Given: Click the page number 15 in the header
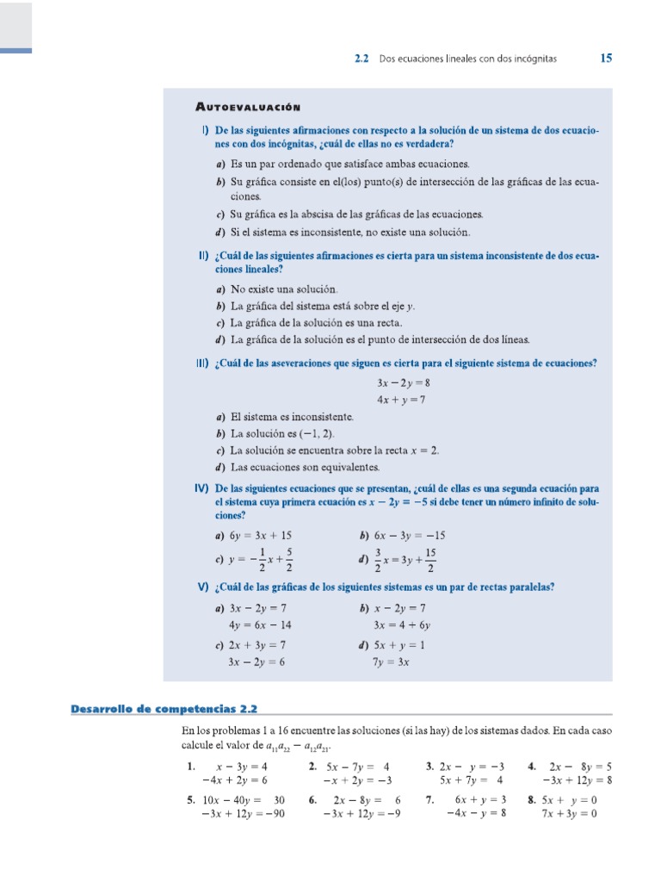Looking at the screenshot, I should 606,59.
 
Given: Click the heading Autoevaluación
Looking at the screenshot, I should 247,107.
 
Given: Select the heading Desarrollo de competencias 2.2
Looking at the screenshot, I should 164,709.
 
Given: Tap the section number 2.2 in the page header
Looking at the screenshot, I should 361,59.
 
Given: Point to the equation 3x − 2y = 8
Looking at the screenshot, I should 403,382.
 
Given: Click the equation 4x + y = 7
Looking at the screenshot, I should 401,400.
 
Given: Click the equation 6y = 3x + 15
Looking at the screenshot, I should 261,535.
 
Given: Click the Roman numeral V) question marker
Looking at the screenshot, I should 203,587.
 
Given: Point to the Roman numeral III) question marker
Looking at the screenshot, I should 201,363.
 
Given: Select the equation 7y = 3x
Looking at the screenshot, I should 391,662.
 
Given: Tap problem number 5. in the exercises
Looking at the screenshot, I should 190,799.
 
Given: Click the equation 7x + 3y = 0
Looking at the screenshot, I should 569,814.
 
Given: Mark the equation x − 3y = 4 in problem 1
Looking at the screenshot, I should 242,766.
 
